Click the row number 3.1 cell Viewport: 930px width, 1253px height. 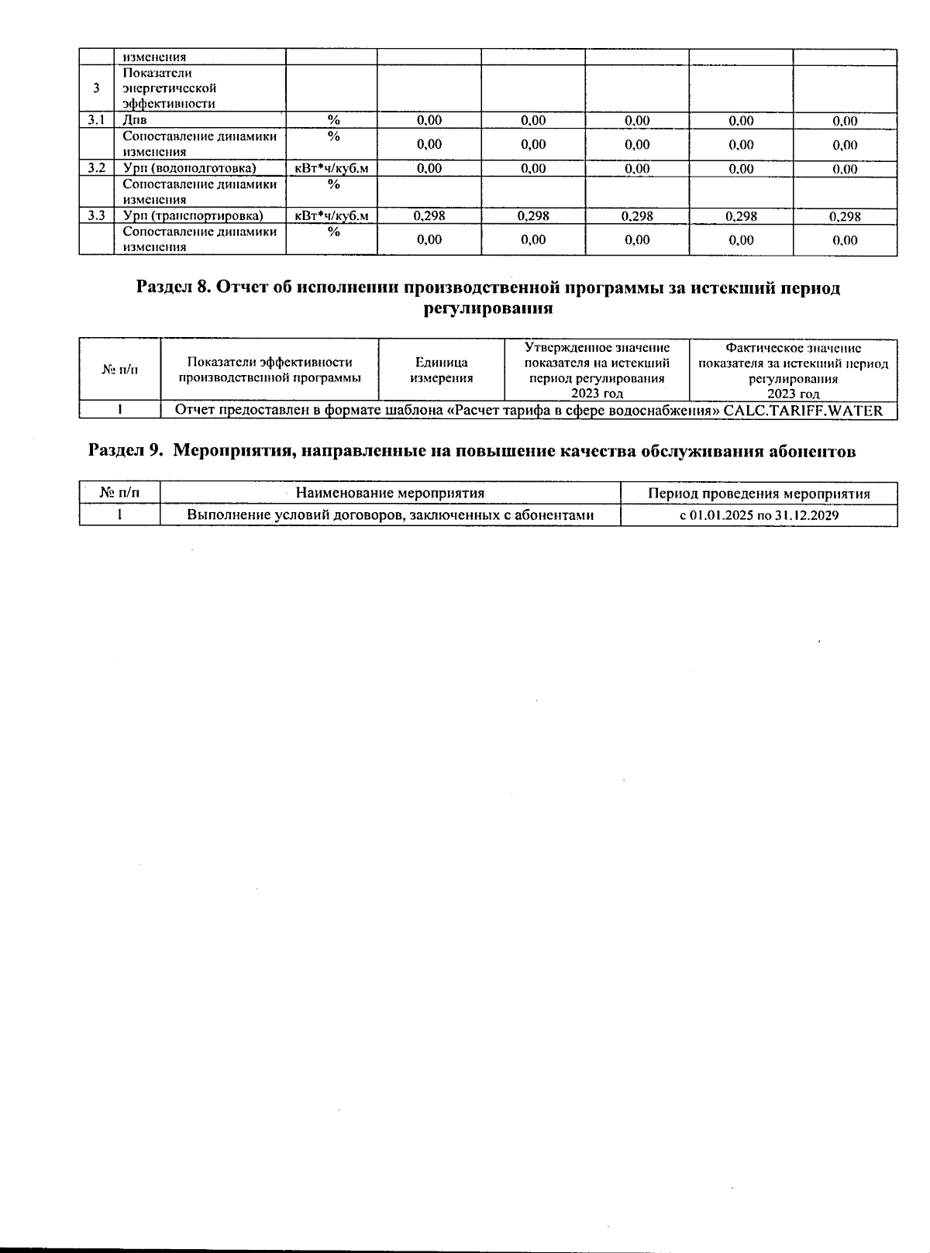click(96, 120)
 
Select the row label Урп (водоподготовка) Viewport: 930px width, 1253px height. click(189, 168)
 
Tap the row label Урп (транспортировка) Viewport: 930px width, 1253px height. click(193, 216)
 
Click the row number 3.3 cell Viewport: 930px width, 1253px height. click(96, 216)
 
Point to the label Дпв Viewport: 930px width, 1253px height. click(135, 120)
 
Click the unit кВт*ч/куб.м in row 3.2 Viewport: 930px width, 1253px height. click(332, 168)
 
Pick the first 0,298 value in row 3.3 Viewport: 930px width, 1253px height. click(429, 216)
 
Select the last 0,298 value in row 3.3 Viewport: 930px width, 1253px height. click(845, 216)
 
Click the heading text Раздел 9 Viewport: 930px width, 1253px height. click(126, 452)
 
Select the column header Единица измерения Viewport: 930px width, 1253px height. click(441, 370)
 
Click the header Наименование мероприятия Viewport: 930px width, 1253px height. click(390, 494)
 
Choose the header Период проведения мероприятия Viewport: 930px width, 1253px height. click(759, 494)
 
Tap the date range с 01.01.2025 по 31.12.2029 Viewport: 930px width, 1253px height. click(759, 515)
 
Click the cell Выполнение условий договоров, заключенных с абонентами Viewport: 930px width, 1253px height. click(390, 515)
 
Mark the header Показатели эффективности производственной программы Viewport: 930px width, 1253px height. click(270, 370)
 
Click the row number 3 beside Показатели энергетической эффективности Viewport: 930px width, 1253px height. click(96, 88)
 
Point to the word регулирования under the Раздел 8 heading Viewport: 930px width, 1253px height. click(488, 308)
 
